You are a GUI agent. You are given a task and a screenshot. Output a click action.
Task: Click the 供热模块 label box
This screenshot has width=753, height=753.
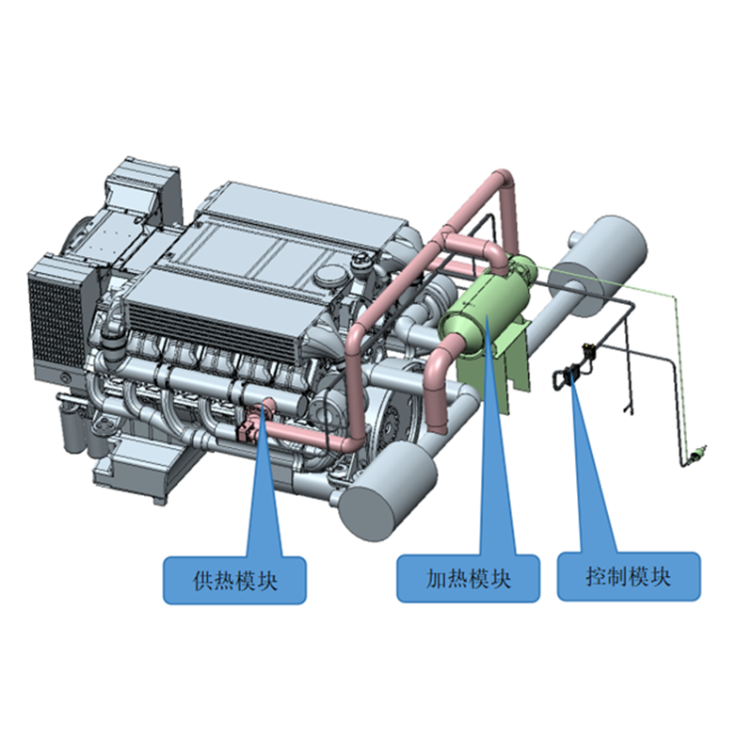click(234, 580)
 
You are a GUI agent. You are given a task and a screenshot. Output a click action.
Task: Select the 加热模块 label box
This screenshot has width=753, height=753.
click(468, 578)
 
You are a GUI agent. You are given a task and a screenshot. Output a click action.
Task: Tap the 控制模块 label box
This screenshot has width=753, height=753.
click(629, 576)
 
